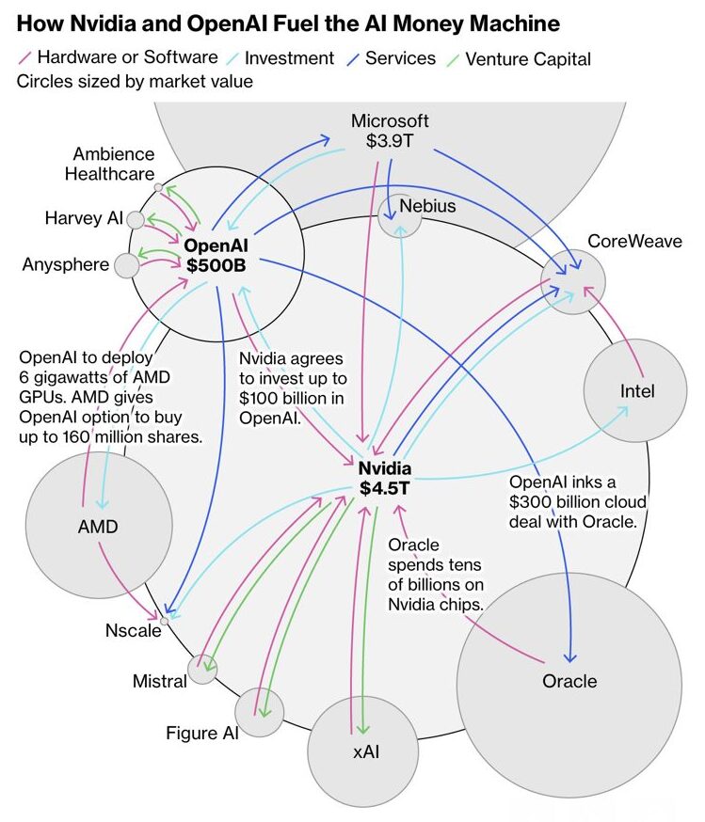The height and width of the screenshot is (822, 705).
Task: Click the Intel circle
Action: (x=637, y=390)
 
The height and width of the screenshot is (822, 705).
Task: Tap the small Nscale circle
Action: (x=165, y=621)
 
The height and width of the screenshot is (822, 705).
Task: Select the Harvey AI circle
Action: (x=136, y=219)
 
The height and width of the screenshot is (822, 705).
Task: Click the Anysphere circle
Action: (x=126, y=265)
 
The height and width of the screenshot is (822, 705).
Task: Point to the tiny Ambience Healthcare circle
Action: (x=158, y=186)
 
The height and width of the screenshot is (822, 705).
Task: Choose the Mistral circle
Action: (x=201, y=669)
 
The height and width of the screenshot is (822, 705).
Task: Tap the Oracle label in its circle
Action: (x=569, y=681)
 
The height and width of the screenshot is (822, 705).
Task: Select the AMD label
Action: (x=98, y=527)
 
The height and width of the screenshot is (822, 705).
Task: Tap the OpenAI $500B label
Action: (x=216, y=255)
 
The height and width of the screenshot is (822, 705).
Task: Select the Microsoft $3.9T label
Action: (x=390, y=131)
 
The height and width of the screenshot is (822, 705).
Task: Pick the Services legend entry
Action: (x=400, y=58)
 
